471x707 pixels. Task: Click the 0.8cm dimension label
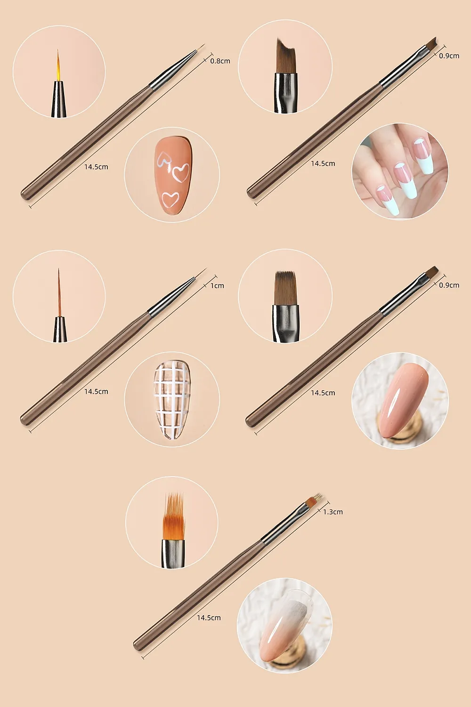coord(220,61)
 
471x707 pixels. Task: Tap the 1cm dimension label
coord(217,286)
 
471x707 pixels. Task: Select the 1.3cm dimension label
coord(333,512)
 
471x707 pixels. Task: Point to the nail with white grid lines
coord(172,400)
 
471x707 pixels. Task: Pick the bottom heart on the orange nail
coord(171,199)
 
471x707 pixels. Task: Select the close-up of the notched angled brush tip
coord(285,75)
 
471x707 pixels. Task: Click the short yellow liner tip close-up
coord(59,83)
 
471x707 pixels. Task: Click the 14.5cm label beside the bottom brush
coord(209,617)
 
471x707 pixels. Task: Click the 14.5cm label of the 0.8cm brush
coord(96,167)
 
